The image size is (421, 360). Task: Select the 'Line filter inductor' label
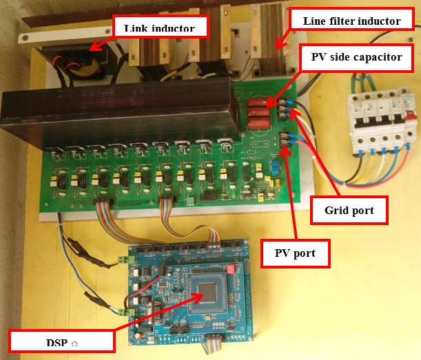coord(351,21)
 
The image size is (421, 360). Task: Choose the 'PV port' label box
coord(296,253)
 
